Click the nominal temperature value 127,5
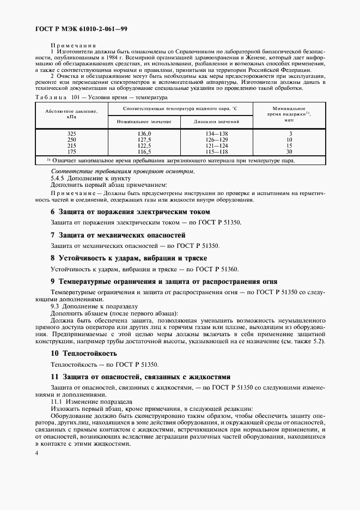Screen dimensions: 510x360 tap(144, 139)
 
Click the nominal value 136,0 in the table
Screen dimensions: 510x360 tap(144, 133)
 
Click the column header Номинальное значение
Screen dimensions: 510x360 tap(144, 121)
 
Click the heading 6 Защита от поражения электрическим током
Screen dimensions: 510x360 tap(130, 211)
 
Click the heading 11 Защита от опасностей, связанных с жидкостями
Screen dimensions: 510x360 tap(141, 377)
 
